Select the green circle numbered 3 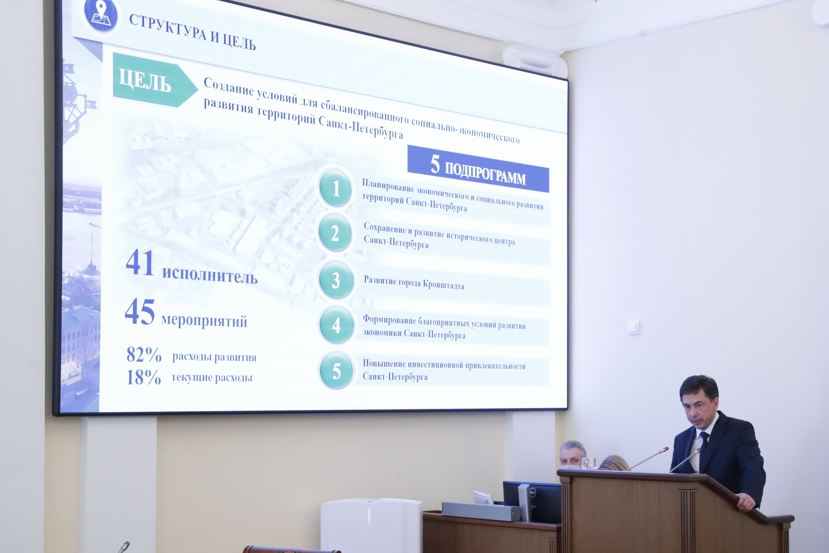[336, 280]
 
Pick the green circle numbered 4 [336, 325]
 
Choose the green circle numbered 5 [336, 370]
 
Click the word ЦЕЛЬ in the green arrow [145, 81]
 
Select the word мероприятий [204, 321]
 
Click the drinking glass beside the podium [589, 463]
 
